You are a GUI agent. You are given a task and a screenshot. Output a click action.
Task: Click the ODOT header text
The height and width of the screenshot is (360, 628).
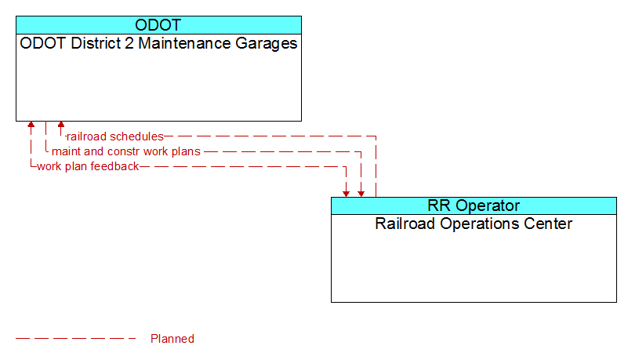[x=158, y=25]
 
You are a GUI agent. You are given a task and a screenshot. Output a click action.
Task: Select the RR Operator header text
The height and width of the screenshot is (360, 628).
[x=474, y=205]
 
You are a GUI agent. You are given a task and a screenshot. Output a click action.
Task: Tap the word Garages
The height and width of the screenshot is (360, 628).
[x=267, y=44]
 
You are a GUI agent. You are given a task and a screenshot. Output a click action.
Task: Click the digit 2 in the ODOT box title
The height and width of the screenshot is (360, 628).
[x=129, y=43]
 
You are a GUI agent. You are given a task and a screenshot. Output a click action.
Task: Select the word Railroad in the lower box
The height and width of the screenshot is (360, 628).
[x=405, y=224]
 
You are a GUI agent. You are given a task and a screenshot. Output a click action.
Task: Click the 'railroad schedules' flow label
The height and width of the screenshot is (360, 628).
[x=115, y=136]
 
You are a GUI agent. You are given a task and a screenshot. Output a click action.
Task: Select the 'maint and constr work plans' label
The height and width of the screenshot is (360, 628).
[x=126, y=151]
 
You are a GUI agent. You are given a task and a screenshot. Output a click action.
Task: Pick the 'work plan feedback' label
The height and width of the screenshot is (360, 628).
[x=88, y=166]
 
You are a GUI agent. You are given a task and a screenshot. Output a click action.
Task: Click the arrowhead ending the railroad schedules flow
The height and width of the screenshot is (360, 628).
[x=61, y=124]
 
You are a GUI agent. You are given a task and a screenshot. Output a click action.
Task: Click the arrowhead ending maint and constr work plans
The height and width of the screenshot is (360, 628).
[x=361, y=194]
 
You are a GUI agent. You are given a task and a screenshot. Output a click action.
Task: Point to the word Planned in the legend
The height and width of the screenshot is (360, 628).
[x=172, y=339]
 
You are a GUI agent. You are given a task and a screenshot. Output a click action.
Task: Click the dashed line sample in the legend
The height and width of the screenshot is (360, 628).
[x=76, y=339]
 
